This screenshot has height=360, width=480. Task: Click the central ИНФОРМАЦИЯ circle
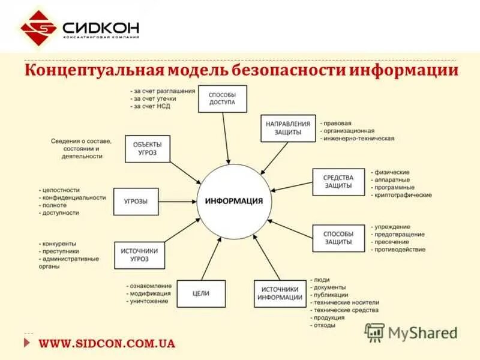[x=234, y=201]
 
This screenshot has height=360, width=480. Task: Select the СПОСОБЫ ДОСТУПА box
[x=223, y=99]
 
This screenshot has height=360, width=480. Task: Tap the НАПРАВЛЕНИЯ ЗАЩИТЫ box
[x=288, y=128]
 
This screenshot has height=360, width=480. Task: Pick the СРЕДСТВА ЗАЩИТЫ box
[x=338, y=182]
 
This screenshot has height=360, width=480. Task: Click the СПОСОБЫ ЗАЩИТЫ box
[x=338, y=238]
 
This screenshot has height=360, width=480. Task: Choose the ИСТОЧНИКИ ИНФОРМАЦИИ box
[x=280, y=293]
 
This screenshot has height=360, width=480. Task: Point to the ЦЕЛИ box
[x=201, y=293]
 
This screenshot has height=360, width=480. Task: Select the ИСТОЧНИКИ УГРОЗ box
[x=139, y=255]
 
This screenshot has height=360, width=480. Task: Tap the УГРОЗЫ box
[x=136, y=202]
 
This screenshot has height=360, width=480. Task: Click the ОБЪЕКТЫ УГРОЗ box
[x=148, y=149]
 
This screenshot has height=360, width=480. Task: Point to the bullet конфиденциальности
[x=74, y=197]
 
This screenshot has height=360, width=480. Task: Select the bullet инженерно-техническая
[x=359, y=139]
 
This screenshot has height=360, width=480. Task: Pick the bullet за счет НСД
[x=152, y=106]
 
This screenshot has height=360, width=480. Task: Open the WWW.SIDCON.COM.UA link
[x=107, y=344]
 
